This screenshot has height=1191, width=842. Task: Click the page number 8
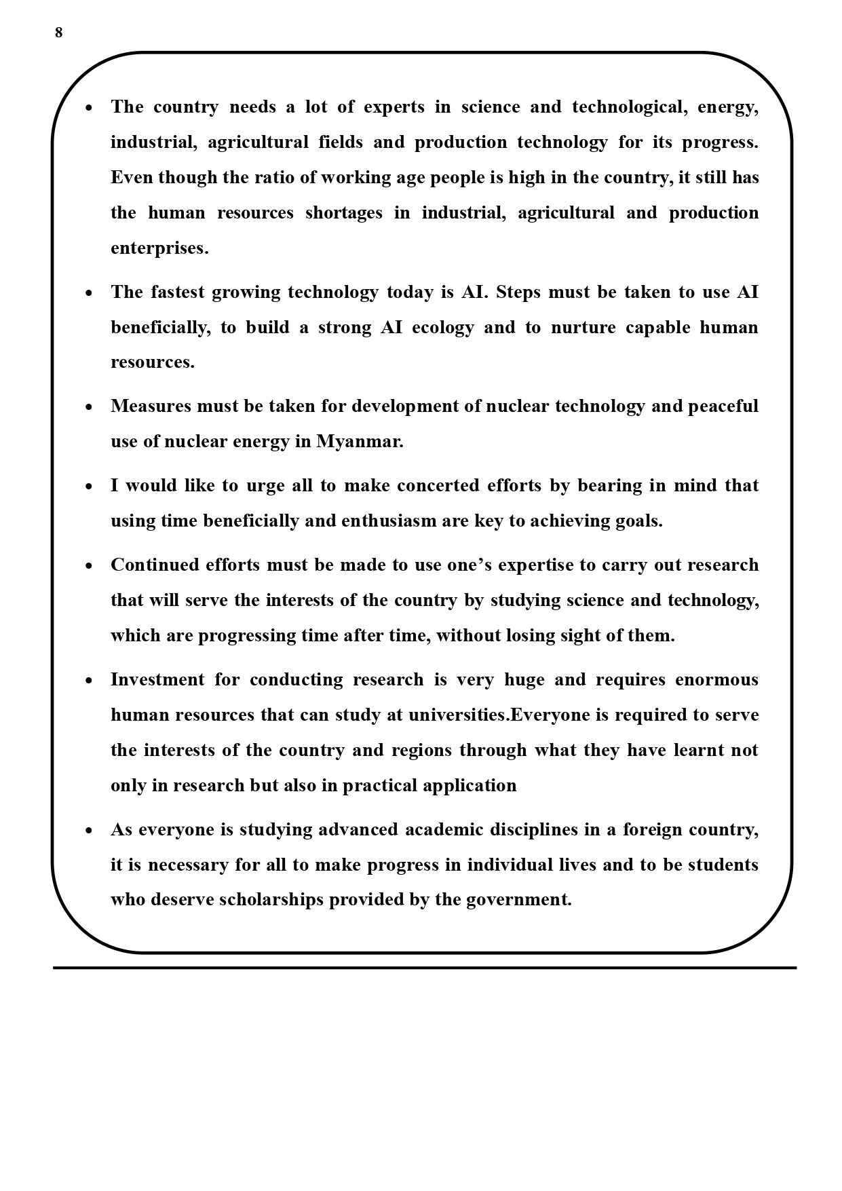point(58,33)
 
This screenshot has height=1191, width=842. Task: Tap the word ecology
point(442,328)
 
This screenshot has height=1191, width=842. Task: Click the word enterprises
point(159,248)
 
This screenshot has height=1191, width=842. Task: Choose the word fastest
point(178,292)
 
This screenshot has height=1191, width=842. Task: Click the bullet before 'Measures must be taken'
point(89,407)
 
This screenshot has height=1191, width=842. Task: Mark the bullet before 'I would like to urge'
point(89,487)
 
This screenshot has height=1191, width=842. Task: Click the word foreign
point(651,830)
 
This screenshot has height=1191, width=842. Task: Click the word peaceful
point(723,407)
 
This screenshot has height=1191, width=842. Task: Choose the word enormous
point(716,680)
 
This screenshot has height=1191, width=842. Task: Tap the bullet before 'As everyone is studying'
point(89,831)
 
